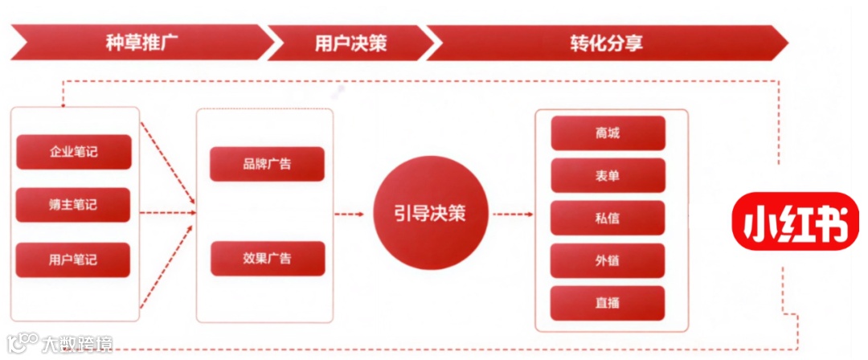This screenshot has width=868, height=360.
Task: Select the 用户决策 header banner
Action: point(350,42)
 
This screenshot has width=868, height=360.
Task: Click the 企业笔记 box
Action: point(73,151)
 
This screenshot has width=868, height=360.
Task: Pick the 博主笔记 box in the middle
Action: point(73,205)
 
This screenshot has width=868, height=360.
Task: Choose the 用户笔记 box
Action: point(73,260)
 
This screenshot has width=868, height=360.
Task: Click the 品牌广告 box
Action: point(267,164)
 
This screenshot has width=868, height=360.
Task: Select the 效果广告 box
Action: point(267,258)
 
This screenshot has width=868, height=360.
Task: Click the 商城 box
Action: point(608,133)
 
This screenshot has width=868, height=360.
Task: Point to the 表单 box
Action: point(608,175)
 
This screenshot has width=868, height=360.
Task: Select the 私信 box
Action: point(608,218)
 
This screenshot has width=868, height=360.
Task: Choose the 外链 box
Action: point(608,260)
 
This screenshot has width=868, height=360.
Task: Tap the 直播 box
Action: point(608,303)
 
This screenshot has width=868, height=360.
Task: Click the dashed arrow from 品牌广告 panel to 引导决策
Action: point(350,214)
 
